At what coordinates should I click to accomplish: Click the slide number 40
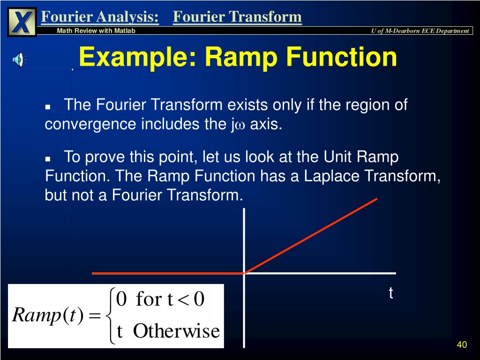pos(462,345)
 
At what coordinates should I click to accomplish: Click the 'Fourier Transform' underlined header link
pos(237,17)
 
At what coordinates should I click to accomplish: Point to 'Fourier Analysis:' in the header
pos(100,17)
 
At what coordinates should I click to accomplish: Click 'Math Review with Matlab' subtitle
pos(96,31)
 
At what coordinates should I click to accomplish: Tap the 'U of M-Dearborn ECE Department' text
pos(420,31)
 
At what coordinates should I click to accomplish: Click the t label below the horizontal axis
pos(390,293)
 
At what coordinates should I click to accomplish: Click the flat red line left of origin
pos(167,273)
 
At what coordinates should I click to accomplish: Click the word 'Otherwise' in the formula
pos(176,331)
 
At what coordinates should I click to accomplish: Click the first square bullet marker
pos(48,107)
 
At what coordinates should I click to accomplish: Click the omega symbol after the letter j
pos(241,126)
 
